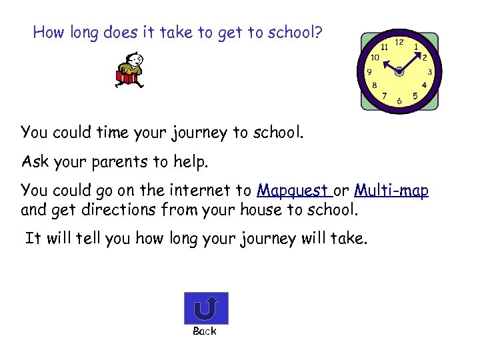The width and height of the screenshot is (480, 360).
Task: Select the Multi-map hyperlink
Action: click(x=391, y=191)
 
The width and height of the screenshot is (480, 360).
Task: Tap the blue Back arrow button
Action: click(x=205, y=308)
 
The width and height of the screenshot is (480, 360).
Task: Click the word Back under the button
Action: click(x=205, y=331)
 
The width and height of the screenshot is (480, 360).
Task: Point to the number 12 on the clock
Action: click(x=399, y=42)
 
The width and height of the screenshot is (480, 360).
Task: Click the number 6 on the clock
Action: click(x=399, y=101)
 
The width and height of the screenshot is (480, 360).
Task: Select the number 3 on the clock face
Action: click(x=430, y=72)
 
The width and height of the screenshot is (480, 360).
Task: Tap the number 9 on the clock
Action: click(x=369, y=72)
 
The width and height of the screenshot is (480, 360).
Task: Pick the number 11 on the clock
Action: click(x=384, y=47)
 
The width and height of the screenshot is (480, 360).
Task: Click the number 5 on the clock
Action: click(x=415, y=96)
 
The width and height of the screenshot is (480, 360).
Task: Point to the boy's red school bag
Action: click(x=127, y=77)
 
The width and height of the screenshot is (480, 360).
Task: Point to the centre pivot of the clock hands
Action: click(x=399, y=70)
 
